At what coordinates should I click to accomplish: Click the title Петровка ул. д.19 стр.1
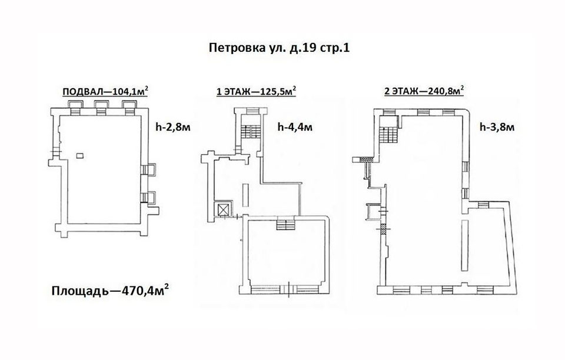(279, 48)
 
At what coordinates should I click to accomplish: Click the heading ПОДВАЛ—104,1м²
(105, 91)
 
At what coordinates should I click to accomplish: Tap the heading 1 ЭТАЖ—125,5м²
(256, 91)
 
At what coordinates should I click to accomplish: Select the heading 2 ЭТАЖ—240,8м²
(424, 91)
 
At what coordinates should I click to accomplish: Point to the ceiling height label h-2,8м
(173, 127)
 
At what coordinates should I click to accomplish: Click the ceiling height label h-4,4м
(295, 127)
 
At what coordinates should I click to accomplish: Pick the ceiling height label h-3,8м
(497, 127)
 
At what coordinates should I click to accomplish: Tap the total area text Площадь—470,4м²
(111, 290)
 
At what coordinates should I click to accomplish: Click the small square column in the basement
(80, 155)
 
